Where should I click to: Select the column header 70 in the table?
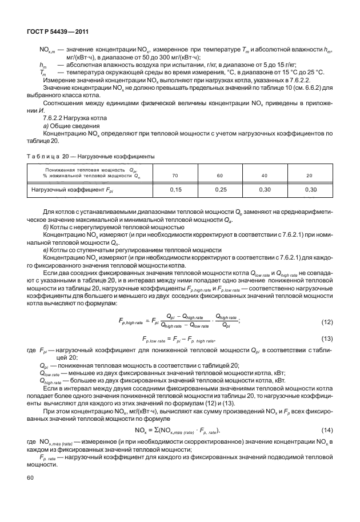(x=175, y=175)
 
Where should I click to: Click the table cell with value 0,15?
(x=175, y=189)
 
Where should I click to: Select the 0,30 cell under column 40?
(x=265, y=189)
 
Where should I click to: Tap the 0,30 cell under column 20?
(x=309, y=189)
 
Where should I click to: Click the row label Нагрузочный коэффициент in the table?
(x=74, y=189)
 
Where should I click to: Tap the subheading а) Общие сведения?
(x=70, y=125)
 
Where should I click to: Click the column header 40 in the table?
(x=265, y=175)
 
